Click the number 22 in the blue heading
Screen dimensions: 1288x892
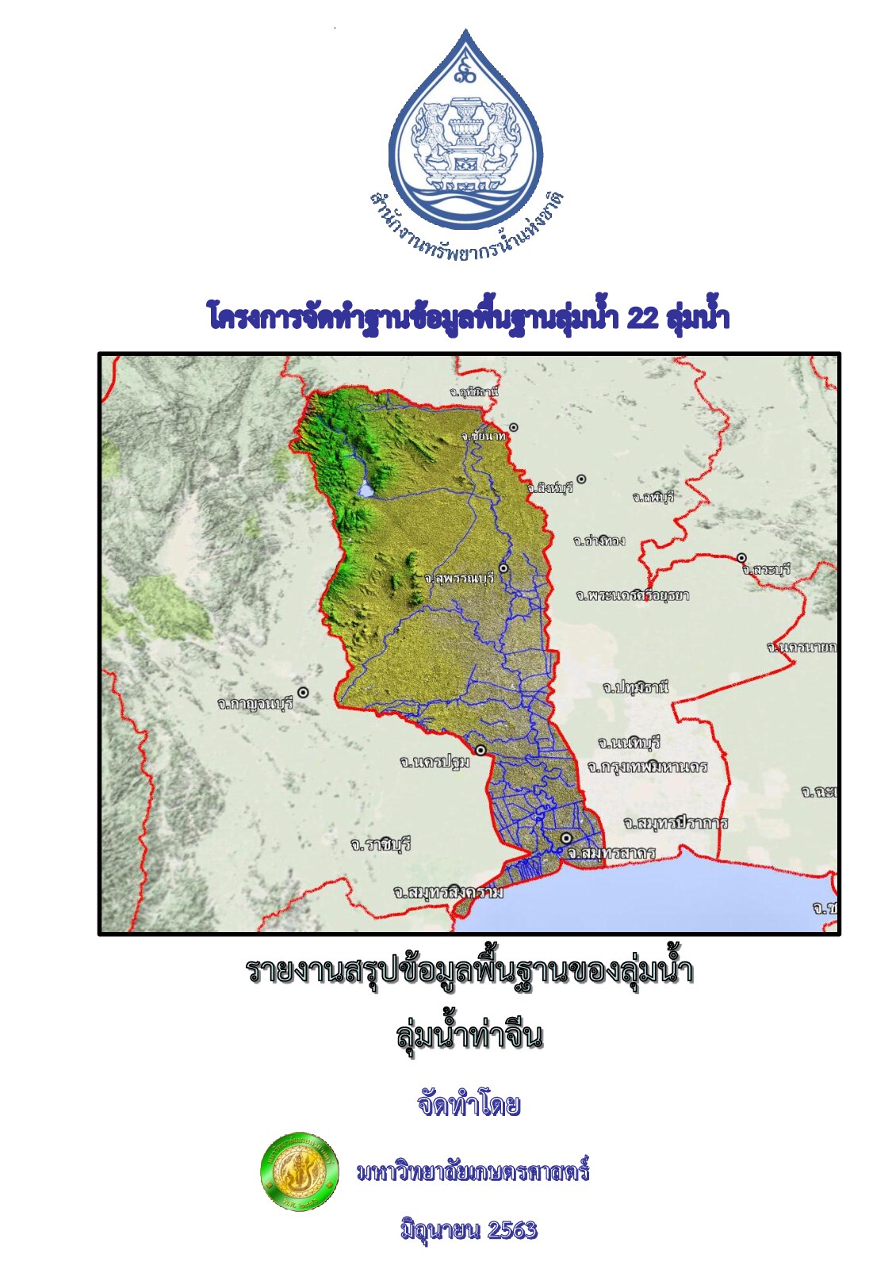(641, 318)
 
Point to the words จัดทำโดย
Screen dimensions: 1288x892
(469, 1104)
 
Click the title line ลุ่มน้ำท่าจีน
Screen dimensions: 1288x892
(469, 1035)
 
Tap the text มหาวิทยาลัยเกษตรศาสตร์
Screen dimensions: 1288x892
(473, 1171)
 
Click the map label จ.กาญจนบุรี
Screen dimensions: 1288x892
(255, 702)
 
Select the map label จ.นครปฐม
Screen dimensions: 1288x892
(435, 762)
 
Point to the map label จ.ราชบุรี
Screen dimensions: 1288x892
(381, 844)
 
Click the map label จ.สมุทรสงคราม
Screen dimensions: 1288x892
(448, 892)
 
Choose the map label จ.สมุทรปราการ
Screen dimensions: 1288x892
(675, 823)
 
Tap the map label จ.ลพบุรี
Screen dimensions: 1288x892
(653, 497)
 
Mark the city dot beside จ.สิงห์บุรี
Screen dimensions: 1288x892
(581, 479)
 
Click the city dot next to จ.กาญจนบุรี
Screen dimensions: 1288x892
(302, 693)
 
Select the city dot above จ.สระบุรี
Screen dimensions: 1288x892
(741, 558)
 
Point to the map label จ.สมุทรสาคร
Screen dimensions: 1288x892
(611, 853)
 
